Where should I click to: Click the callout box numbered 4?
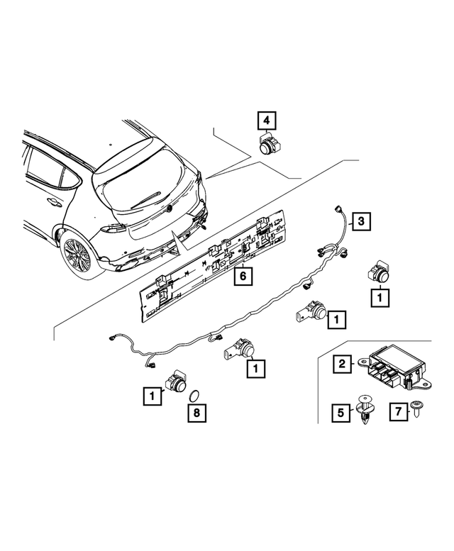click(267, 121)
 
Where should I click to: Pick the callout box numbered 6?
click(243, 276)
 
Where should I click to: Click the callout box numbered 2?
click(342, 364)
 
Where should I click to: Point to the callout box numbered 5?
click(342, 411)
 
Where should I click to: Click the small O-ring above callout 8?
click(198, 394)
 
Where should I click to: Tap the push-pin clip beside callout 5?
click(367, 410)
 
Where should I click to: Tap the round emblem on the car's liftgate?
click(170, 208)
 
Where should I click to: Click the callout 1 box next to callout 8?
click(152, 395)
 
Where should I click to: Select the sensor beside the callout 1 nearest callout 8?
click(177, 384)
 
